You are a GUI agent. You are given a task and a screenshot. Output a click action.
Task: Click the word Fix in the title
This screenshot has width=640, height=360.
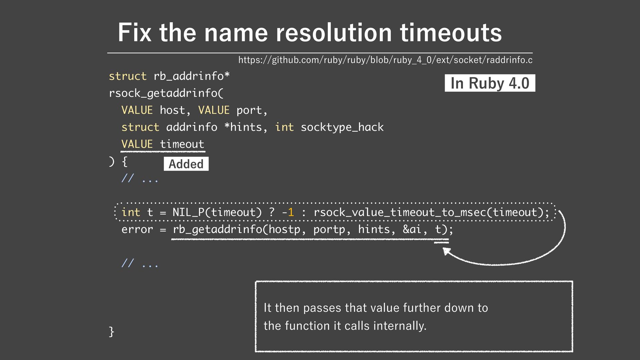pos(134,33)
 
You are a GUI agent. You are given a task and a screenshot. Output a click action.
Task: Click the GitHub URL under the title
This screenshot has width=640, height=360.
pos(385,60)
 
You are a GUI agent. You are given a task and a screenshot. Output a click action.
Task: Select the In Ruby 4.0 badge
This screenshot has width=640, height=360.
pos(490,83)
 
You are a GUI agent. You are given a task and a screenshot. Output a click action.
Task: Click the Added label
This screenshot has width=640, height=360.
pos(186,164)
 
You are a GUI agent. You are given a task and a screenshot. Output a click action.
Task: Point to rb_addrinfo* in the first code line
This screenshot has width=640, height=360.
pos(192,76)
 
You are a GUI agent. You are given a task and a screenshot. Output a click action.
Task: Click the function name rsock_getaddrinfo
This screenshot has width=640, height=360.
pos(163,93)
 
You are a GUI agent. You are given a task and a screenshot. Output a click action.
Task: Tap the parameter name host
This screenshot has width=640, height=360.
pos(172,110)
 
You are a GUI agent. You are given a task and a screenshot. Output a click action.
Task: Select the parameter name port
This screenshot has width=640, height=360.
pos(249,110)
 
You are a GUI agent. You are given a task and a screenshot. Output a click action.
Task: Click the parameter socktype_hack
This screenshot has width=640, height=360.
pos(342,127)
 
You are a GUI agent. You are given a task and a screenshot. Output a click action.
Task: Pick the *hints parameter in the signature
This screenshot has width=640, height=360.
pos(243,127)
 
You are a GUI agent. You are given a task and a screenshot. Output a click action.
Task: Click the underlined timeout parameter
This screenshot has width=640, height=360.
pos(182,144)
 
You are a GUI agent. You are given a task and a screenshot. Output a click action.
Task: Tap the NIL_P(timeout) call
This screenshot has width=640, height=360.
pos(217,212)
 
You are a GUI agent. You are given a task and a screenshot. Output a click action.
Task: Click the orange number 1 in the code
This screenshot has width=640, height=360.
pos(291,212)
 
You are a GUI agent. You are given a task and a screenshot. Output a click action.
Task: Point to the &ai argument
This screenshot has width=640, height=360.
pos(412,229)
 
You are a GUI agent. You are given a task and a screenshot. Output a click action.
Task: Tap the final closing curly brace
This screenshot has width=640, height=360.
pos(112,332)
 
